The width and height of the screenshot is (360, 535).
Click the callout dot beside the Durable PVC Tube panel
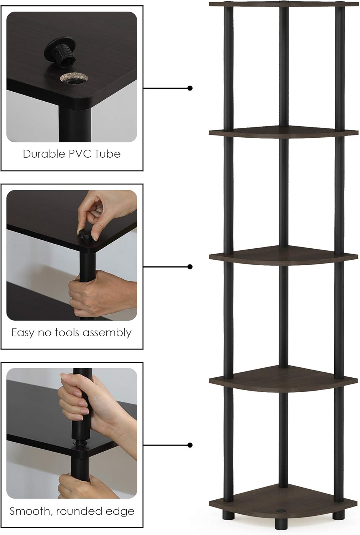[190, 88]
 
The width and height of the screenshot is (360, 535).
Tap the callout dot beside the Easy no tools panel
[190, 267]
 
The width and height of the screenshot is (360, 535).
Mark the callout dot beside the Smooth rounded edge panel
[190, 445]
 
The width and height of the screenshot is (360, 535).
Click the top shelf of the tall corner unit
[283, 4]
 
